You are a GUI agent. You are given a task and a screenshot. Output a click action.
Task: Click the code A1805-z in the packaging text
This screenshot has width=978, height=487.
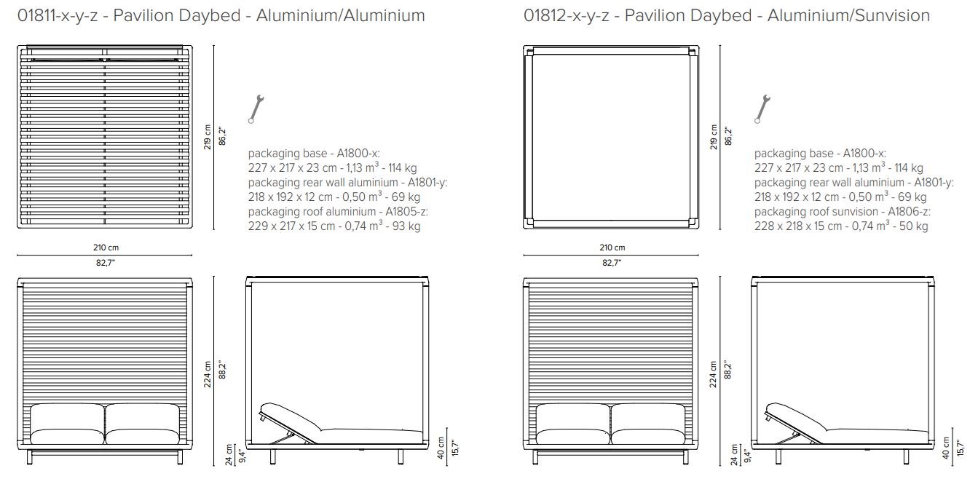(410, 212)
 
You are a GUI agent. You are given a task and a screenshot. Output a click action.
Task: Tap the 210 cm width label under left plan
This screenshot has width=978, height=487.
(105, 248)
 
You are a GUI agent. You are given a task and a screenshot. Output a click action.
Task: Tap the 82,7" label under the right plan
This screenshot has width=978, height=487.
(612, 263)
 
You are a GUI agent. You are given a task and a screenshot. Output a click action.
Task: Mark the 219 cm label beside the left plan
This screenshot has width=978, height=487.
(209, 136)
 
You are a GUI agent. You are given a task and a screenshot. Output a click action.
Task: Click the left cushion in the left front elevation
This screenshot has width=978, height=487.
(68, 424)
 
